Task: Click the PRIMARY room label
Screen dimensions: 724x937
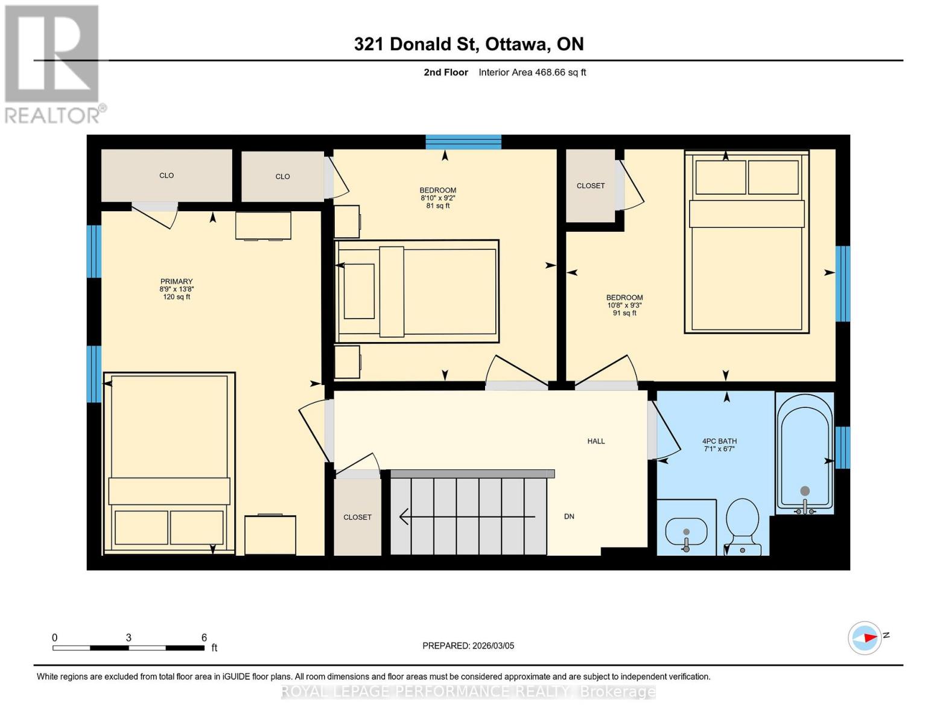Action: (x=176, y=289)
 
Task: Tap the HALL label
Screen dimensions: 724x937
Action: (x=596, y=441)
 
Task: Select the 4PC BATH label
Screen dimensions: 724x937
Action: (x=719, y=445)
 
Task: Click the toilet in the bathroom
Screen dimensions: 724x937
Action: (x=742, y=525)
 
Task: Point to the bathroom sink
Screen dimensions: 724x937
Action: (x=686, y=532)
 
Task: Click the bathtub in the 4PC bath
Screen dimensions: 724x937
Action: (x=805, y=453)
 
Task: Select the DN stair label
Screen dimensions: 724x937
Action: (x=569, y=516)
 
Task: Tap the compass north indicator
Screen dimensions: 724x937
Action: (x=865, y=638)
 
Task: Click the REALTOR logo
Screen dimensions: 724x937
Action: (x=52, y=63)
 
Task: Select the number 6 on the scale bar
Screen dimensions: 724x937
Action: (x=204, y=638)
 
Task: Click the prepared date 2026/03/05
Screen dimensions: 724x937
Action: (x=468, y=646)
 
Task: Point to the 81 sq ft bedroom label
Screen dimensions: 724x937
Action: (x=438, y=198)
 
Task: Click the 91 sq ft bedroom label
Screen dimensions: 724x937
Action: (x=624, y=305)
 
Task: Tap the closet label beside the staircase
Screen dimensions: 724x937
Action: (x=357, y=517)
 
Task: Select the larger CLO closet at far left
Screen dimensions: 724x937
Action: (x=167, y=176)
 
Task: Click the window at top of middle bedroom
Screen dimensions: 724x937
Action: (x=463, y=142)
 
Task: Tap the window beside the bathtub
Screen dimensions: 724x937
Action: (x=843, y=447)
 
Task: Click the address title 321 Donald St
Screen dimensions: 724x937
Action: (x=469, y=44)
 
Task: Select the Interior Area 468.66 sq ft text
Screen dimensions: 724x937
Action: (x=532, y=72)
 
